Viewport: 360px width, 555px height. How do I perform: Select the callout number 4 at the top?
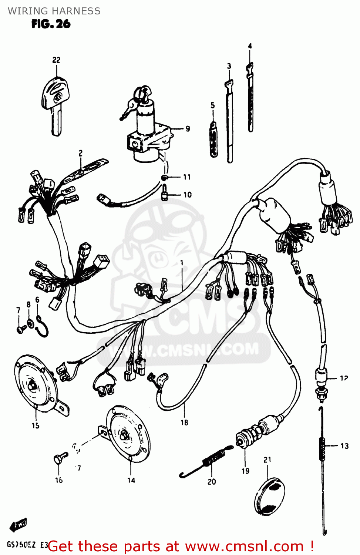pos(250,46)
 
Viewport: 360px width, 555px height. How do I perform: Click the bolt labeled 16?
pos(59,459)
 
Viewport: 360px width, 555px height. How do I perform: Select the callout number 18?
pos(184,423)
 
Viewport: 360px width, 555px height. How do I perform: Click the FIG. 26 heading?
pos(51,24)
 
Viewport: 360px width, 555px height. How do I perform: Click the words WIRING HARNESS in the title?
pos(54,11)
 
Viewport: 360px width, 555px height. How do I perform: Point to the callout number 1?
pos(182,263)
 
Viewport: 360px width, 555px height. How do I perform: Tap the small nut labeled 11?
pos(165,178)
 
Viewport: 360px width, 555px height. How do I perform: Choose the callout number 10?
pos(188,195)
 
